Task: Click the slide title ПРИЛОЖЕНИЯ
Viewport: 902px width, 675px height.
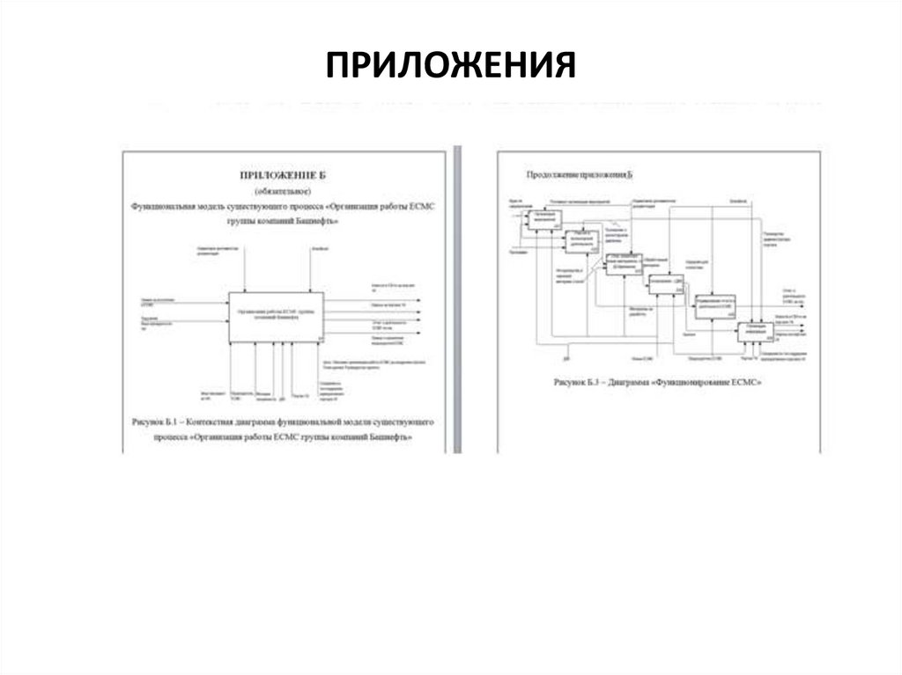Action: (451, 65)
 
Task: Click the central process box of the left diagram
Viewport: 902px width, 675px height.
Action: (277, 317)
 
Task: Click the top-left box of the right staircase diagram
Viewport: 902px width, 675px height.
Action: (543, 220)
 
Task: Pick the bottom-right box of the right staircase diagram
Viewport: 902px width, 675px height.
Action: (755, 332)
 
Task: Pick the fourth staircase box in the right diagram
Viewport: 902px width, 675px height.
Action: (666, 283)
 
